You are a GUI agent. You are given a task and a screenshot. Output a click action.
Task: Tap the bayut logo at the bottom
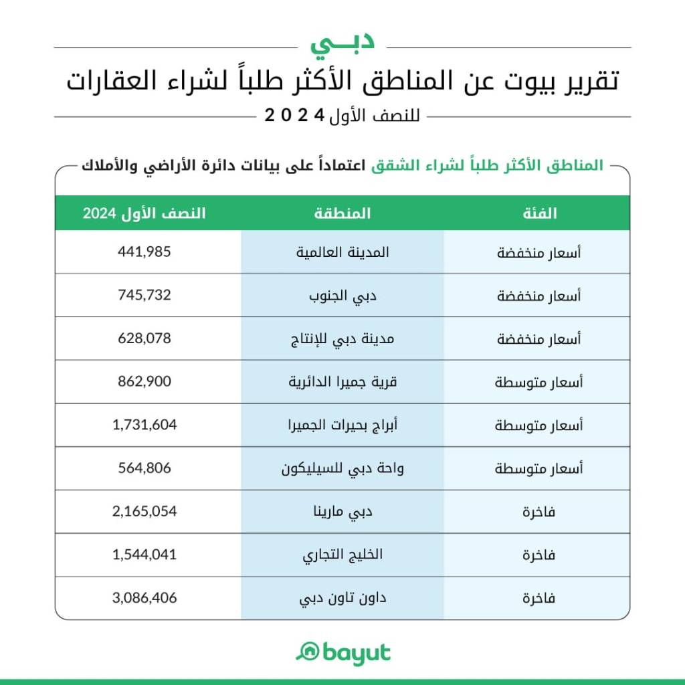[x=342, y=652]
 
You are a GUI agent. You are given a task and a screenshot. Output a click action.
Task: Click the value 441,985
[x=144, y=252]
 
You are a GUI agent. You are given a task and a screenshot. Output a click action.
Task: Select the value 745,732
[x=144, y=295]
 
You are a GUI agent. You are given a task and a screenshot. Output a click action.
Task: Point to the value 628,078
[x=144, y=338]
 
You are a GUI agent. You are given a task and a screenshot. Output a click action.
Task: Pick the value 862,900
[x=144, y=382]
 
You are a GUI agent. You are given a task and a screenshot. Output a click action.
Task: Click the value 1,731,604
[x=144, y=425]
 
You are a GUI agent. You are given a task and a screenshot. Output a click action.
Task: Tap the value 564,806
[x=144, y=468]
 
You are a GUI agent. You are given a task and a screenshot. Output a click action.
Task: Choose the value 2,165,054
[x=144, y=512]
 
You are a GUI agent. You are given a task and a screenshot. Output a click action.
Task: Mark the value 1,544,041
[x=144, y=555]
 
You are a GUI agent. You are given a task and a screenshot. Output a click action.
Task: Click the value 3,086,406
[x=144, y=598]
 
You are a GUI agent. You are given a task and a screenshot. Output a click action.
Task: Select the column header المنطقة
[x=342, y=213]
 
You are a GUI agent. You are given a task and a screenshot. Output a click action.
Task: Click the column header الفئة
[x=539, y=213]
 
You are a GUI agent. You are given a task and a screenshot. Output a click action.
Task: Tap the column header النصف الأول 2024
[x=144, y=213]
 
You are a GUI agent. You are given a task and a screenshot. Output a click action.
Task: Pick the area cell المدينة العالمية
[x=342, y=252]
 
